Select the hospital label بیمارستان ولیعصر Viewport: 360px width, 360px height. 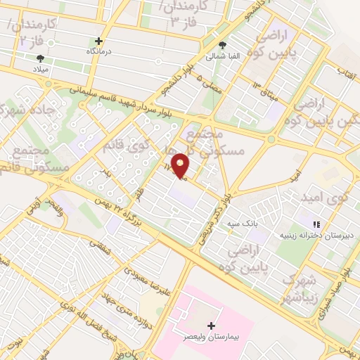pyautogui.click(x=213, y=337)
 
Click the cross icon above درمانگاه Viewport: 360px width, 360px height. pyautogui.click(x=98, y=41)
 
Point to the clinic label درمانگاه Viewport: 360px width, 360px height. pyautogui.click(x=98, y=52)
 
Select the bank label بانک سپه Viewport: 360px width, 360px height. pyautogui.click(x=238, y=224)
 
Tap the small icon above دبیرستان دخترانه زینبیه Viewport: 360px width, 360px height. pyautogui.click(x=316, y=224)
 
